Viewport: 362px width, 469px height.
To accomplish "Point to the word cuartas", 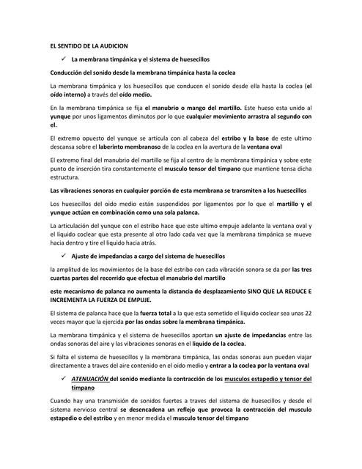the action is [x=62, y=278].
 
